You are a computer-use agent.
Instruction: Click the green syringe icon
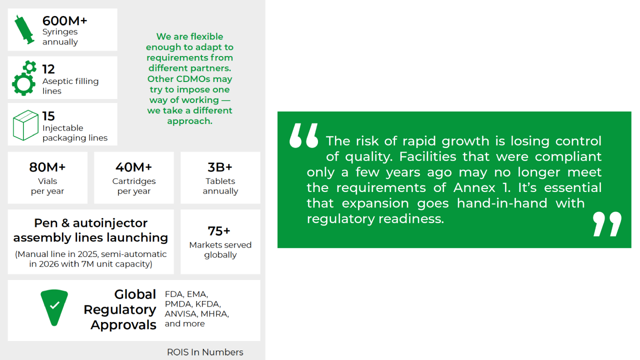point(24,29)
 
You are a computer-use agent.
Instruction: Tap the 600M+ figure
point(64,21)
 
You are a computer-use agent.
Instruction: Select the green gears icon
point(24,78)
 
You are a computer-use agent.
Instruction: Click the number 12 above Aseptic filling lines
point(48,69)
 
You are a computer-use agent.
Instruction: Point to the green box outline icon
point(25,125)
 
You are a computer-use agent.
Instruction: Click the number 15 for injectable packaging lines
point(48,116)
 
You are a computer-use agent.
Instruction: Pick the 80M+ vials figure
point(47,167)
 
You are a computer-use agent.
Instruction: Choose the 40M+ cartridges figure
point(133,167)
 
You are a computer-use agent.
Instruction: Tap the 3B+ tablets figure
point(220,167)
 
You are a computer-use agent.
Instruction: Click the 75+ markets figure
point(219,231)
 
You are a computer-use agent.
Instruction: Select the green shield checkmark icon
point(54,307)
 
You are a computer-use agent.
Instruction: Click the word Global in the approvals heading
point(135,294)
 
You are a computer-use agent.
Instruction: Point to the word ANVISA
point(181,313)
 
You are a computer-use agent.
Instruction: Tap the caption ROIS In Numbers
point(205,352)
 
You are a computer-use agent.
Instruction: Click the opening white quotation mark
point(303,135)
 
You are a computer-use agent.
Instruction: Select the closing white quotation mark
point(607,224)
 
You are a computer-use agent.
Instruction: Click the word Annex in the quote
point(474,187)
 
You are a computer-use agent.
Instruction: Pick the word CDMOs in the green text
point(189,79)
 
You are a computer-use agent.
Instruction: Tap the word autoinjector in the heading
point(110,223)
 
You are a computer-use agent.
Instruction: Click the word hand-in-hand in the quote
point(502,203)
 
